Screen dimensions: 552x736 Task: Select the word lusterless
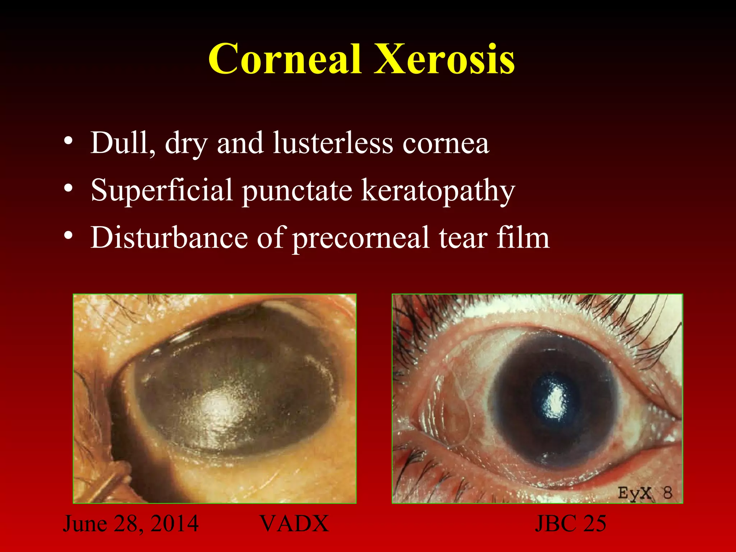coord(333,143)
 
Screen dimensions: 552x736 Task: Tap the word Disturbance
coord(169,238)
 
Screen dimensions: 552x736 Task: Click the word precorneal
coord(360,238)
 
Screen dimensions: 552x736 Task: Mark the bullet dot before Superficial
coord(69,188)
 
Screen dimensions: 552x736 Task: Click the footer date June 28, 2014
coord(131,523)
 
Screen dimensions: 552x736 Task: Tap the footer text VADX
coord(294,523)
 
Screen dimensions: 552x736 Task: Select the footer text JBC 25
coord(570,523)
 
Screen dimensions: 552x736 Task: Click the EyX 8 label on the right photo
coord(645,493)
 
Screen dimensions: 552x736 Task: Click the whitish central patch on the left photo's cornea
coord(219,406)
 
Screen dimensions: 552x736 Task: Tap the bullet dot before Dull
coord(69,141)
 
